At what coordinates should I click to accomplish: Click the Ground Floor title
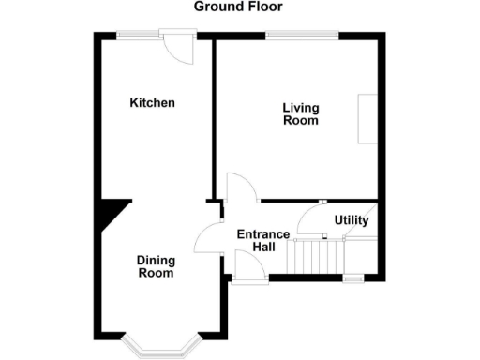click(238, 7)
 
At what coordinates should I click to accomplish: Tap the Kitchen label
click(152, 102)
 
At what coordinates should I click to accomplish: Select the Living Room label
click(300, 113)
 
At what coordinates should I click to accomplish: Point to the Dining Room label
click(156, 266)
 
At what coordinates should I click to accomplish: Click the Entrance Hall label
click(256, 240)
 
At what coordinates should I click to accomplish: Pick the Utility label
click(352, 220)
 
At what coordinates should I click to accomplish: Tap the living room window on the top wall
click(302, 36)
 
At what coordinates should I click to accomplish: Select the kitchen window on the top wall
click(139, 36)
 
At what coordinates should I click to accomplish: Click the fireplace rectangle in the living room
click(367, 119)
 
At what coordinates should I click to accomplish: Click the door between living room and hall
click(243, 187)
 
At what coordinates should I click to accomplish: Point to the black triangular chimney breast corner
click(111, 214)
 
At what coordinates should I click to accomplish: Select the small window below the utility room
click(353, 278)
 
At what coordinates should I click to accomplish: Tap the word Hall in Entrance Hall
click(262, 247)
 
